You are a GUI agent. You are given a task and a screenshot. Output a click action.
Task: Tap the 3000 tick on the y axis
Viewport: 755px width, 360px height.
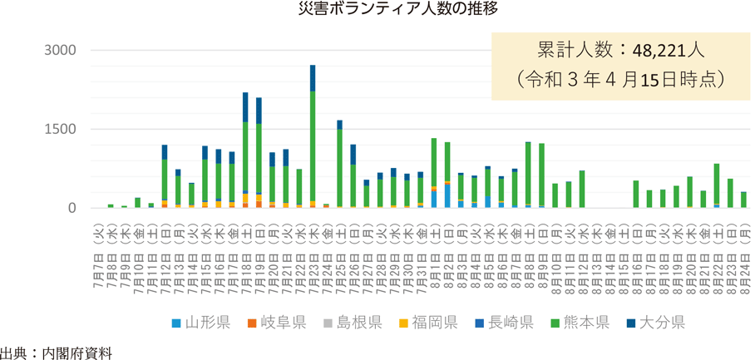(x=60, y=50)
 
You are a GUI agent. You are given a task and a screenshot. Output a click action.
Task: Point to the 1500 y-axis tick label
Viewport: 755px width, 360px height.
(x=60, y=129)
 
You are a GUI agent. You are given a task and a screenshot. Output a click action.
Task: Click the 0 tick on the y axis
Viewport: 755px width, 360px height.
(x=72, y=208)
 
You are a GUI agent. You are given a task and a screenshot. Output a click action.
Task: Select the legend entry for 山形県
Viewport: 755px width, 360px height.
(x=200, y=322)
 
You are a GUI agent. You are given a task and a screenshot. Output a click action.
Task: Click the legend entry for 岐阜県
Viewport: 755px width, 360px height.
(x=274, y=322)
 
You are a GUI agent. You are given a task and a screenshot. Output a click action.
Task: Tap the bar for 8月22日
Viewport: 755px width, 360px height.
(x=717, y=185)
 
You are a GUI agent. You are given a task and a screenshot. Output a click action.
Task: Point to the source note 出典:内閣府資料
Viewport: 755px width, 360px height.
(x=55, y=352)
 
